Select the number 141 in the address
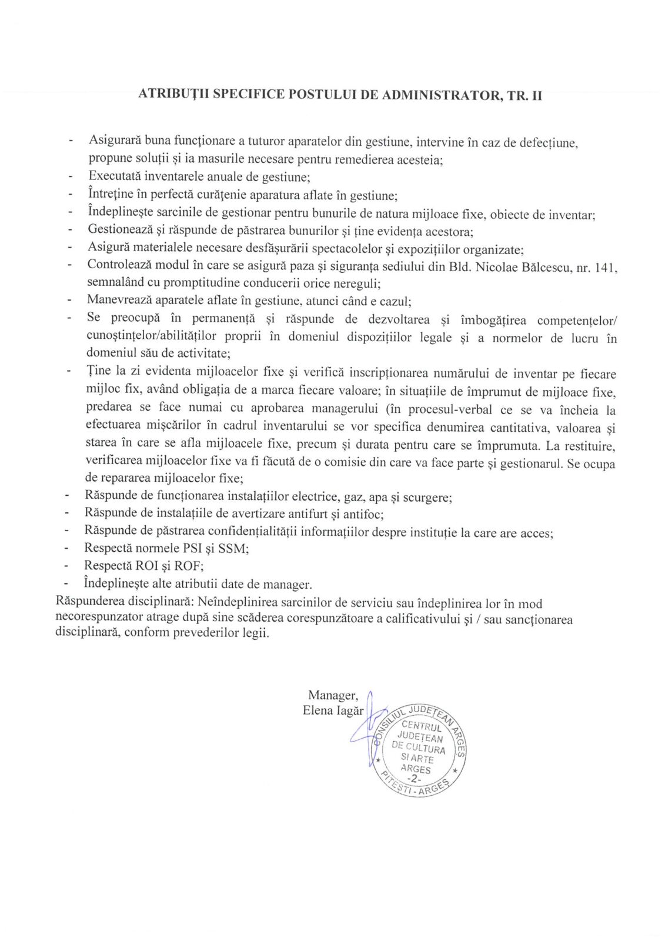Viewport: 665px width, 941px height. point(606,268)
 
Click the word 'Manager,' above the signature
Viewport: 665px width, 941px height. point(332,695)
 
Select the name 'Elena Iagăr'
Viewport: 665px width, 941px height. point(333,710)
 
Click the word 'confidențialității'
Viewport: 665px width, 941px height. point(246,532)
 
